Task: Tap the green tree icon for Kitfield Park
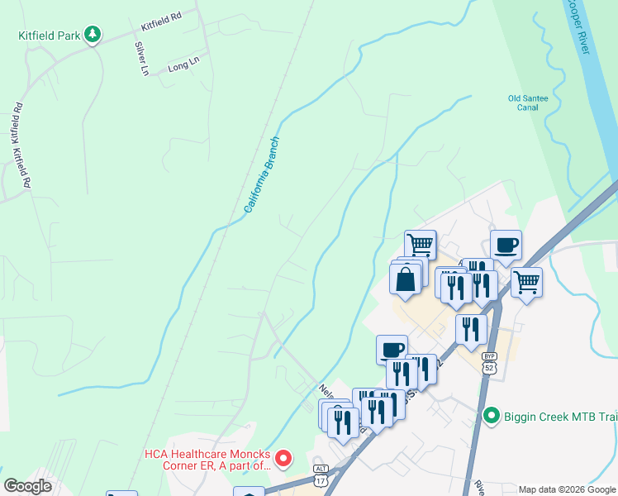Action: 95,35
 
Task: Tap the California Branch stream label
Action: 263,174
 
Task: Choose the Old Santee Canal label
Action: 528,103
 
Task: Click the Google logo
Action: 28,486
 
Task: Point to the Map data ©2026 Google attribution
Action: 567,489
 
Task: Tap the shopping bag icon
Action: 406,279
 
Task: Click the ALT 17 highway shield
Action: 320,475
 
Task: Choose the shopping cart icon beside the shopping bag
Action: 421,244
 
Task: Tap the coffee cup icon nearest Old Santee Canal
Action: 506,244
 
